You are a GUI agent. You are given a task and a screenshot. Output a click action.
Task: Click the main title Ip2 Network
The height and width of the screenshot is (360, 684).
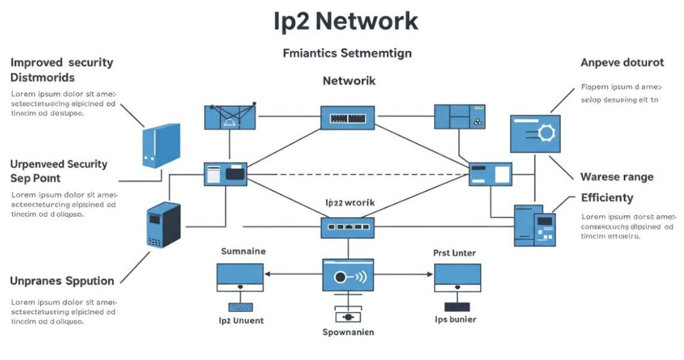click(x=346, y=22)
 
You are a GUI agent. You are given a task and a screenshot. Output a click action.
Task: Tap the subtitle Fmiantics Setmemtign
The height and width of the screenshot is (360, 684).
click(x=347, y=53)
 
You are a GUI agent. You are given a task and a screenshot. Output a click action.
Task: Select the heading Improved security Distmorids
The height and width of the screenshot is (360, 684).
click(x=62, y=70)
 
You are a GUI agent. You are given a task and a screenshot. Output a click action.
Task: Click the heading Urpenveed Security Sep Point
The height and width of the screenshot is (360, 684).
click(x=59, y=171)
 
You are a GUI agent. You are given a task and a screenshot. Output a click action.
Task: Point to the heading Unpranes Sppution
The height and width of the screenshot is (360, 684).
click(x=62, y=281)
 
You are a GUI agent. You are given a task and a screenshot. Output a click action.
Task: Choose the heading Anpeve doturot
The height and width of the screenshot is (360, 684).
click(x=622, y=62)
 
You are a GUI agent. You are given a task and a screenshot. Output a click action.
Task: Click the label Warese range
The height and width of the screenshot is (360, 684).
click(x=617, y=177)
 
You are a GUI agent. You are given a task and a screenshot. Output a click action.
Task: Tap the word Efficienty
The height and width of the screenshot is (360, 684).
click(x=607, y=197)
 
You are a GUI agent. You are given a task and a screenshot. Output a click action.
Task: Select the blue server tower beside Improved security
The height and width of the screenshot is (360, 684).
click(x=161, y=145)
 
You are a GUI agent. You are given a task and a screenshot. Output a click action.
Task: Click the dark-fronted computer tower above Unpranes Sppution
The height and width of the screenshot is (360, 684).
click(x=163, y=225)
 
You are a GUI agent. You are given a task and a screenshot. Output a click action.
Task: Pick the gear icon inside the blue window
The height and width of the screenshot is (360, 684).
click(x=547, y=133)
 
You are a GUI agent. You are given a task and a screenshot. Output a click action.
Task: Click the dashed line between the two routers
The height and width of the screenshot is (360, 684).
click(x=358, y=175)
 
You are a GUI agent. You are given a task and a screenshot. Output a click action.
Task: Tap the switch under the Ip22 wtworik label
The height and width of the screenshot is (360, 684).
click(x=347, y=227)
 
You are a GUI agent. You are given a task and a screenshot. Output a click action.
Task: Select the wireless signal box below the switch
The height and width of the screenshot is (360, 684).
click(x=348, y=277)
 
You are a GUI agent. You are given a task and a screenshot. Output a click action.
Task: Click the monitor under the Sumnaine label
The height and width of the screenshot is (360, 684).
click(x=240, y=277)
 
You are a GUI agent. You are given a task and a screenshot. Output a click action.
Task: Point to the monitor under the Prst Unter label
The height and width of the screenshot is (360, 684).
click(x=457, y=277)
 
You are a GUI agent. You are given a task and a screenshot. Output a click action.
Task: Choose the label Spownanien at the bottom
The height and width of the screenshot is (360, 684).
click(x=348, y=332)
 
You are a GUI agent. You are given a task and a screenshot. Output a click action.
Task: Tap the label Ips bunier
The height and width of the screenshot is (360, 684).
click(x=455, y=319)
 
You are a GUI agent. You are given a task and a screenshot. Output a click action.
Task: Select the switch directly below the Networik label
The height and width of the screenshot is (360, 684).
click(x=347, y=118)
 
